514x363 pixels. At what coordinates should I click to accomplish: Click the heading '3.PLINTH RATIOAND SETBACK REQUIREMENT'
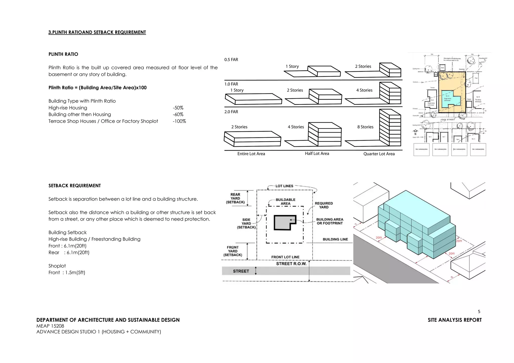97,32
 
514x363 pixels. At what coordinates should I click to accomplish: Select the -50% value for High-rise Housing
178,108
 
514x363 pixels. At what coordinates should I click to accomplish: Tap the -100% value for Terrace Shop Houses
179,121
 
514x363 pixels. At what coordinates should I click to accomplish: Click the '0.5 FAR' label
231,60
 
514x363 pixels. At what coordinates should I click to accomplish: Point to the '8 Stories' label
365,127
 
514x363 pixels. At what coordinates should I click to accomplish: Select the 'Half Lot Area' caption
317,153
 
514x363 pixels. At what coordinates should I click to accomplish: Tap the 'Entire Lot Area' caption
251,154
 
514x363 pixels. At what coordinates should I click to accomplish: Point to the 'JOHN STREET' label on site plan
447,120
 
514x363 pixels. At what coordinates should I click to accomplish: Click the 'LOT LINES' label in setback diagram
284,186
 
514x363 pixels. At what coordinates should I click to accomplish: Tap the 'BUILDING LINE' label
335,239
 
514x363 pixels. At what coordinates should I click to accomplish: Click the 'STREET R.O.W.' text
291,264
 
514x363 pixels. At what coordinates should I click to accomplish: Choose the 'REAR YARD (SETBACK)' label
235,198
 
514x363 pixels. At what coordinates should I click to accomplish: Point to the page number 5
479,312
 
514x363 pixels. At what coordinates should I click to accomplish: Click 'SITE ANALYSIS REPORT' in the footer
455,320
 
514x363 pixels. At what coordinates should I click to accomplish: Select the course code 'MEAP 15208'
50,326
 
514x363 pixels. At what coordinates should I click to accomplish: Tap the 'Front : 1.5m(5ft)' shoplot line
67,273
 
